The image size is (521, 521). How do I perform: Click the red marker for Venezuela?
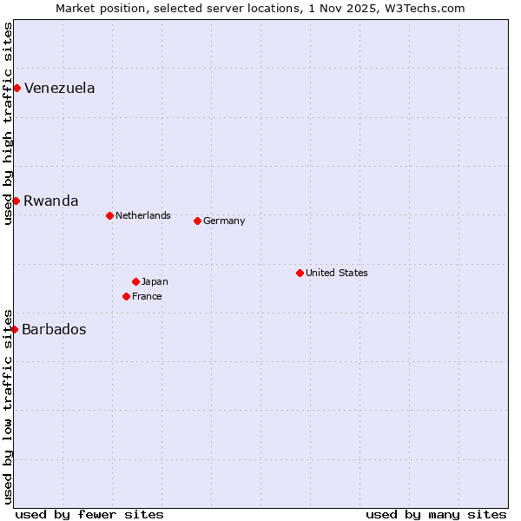[16, 88]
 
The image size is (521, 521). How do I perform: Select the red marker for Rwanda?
[16, 201]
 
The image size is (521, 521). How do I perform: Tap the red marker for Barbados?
[14, 329]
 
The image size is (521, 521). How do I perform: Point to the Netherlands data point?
[109, 215]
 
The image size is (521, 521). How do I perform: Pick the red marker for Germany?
[197, 221]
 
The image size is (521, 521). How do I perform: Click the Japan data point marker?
[135, 281]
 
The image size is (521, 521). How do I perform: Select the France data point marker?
[126, 296]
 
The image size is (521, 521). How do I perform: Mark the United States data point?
[300, 273]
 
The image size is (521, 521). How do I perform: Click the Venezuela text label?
[59, 88]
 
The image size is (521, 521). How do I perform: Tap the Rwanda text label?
[50, 201]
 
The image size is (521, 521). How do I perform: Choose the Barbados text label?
[54, 329]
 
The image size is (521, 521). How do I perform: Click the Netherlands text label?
[143, 215]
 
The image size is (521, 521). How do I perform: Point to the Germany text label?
[224, 221]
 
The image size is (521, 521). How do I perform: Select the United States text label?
[337, 273]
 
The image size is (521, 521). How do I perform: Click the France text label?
[147, 296]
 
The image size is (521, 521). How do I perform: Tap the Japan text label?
[155, 281]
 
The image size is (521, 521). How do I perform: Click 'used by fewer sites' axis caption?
[89, 514]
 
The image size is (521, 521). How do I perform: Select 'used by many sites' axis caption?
[436, 514]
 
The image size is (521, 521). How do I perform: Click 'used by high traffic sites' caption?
[8, 123]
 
